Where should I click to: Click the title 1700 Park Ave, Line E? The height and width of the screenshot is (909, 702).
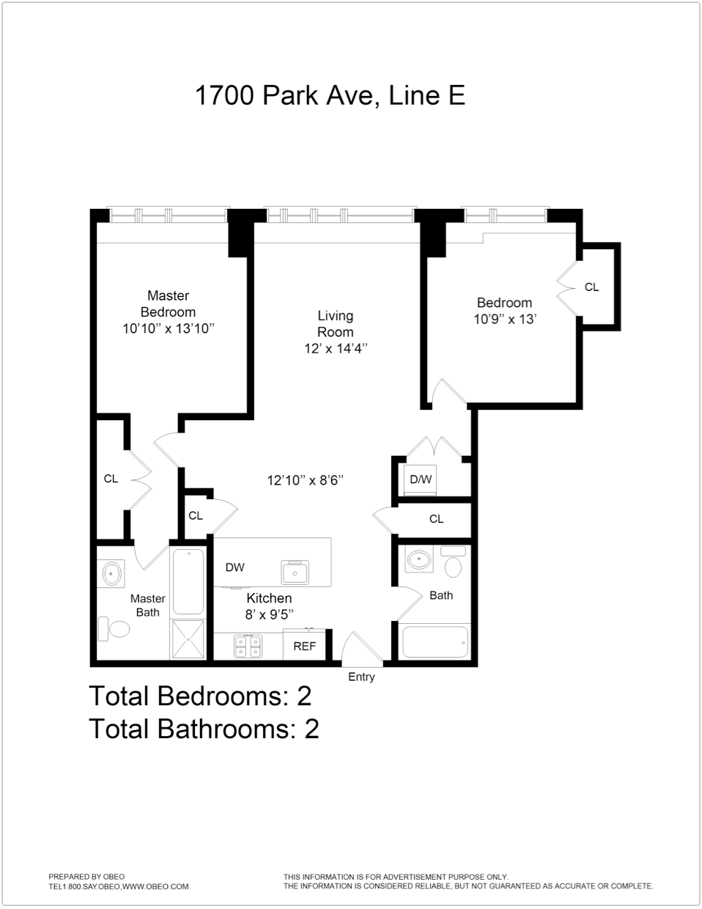330,96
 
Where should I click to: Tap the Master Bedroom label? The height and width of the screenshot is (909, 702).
169,303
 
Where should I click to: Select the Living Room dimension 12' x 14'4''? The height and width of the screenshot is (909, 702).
336,349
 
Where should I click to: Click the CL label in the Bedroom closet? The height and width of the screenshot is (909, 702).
591,287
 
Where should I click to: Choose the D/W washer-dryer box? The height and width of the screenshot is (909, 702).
421,480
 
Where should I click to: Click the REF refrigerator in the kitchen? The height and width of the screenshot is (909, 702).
304,646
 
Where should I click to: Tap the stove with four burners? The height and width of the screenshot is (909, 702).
248,646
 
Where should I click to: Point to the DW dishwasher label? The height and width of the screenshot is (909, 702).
234,567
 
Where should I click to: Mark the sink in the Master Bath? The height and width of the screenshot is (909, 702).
111,573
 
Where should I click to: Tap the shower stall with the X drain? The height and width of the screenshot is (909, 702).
189,638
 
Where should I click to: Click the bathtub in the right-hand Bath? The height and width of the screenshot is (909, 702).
433,642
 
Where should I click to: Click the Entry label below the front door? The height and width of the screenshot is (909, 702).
361,677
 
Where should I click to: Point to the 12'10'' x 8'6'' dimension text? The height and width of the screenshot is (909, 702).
306,481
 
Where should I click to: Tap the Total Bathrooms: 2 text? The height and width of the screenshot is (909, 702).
204,729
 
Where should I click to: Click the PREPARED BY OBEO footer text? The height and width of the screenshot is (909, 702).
86,876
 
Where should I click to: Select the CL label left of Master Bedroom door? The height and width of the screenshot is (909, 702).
111,479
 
